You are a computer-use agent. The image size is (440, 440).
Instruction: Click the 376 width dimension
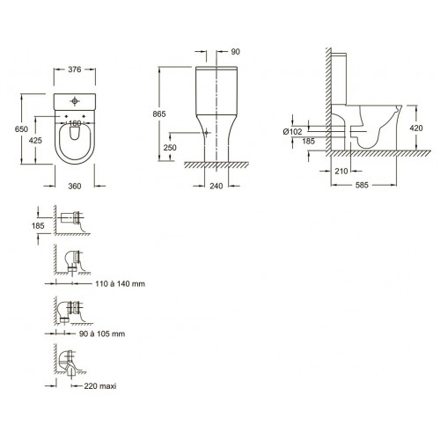[75, 70]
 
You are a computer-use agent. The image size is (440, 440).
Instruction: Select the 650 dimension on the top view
[21, 129]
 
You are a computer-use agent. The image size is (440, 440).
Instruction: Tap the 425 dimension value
[35, 141]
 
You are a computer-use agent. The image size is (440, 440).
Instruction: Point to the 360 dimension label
[75, 186]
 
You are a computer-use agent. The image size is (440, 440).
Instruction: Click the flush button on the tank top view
[75, 101]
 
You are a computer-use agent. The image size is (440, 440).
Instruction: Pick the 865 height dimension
[159, 114]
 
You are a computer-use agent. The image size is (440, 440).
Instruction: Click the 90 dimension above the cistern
[236, 52]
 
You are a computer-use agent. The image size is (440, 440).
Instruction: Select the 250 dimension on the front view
[170, 147]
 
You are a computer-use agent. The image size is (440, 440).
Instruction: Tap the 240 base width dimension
[216, 186]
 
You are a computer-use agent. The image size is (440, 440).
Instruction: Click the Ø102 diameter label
[292, 132]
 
